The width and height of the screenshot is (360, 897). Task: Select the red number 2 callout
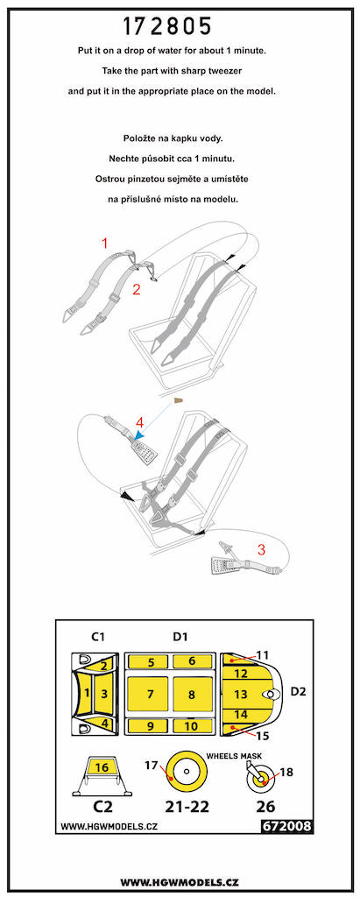point(136,288)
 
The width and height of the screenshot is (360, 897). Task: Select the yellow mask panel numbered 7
point(151,694)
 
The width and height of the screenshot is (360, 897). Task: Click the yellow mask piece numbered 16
point(101,766)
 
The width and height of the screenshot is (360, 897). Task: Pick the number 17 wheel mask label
point(150,766)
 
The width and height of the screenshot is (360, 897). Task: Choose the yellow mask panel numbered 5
point(151,662)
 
